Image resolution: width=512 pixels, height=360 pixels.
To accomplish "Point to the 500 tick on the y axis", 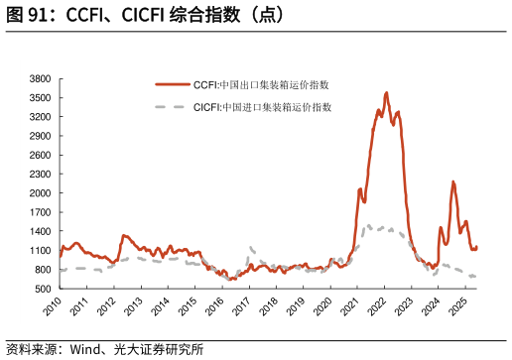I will pyautogui.click(x=43, y=289).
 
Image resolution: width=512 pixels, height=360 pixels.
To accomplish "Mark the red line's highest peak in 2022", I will pyautogui.click(x=387, y=93).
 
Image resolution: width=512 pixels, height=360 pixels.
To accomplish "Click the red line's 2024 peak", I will pyautogui.click(x=453, y=181).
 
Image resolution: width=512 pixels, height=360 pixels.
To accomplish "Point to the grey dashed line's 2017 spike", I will pyautogui.click(x=250, y=247).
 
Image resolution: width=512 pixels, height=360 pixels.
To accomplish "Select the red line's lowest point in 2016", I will pyautogui.click(x=231, y=280).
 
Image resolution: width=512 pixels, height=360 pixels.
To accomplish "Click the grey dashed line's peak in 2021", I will pyautogui.click(x=368, y=225).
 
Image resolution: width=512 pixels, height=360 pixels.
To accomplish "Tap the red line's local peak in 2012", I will pyautogui.click(x=124, y=235).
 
